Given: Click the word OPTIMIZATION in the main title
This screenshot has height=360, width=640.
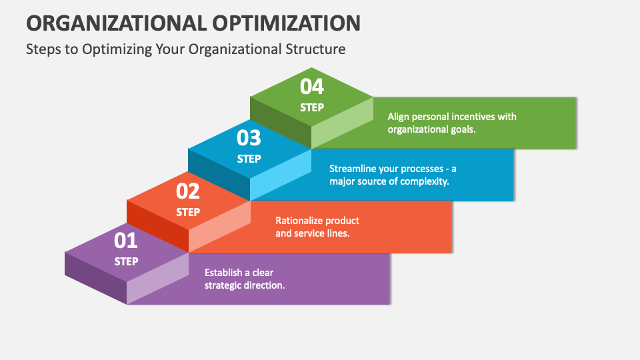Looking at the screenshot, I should pyautogui.click(x=288, y=23).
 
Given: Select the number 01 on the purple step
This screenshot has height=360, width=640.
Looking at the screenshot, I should pyautogui.click(x=126, y=240).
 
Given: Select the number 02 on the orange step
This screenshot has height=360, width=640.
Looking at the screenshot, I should pyautogui.click(x=188, y=191).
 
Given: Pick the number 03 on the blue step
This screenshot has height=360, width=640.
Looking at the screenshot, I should pyautogui.click(x=249, y=138).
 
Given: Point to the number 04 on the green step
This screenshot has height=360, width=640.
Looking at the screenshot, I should pyautogui.click(x=311, y=87).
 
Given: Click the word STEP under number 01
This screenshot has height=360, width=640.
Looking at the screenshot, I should pyautogui.click(x=126, y=261).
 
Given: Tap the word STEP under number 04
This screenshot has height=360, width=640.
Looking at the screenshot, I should pyautogui.click(x=311, y=107).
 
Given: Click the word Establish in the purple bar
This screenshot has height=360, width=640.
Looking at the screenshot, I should pyautogui.click(x=224, y=272).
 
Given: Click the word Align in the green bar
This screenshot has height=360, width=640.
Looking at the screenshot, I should pyautogui.click(x=399, y=117).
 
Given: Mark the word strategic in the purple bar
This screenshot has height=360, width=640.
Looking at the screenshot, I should pyautogui.click(x=224, y=285).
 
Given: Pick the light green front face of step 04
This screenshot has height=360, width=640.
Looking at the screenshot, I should pyautogui.click(x=342, y=123).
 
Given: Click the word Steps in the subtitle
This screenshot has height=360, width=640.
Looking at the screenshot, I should pyautogui.click(x=41, y=49).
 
